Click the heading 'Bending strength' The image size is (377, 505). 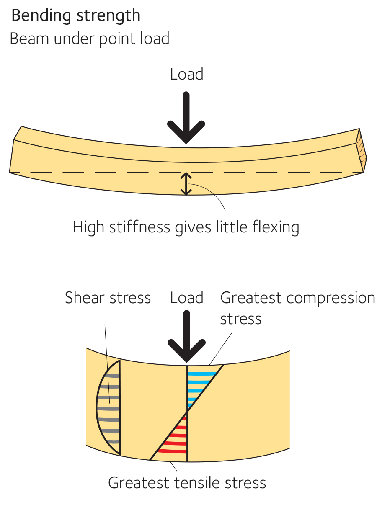(x=75, y=16)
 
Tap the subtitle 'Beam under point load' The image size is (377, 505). (x=89, y=39)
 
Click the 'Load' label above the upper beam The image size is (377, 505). (x=186, y=74)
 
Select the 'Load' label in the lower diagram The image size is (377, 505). (x=186, y=298)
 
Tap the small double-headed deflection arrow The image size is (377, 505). (x=186, y=183)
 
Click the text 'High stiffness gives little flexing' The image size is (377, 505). (x=186, y=227)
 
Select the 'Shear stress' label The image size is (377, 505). (x=108, y=298)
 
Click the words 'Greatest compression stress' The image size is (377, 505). (x=297, y=307)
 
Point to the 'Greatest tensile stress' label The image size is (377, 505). (x=187, y=482)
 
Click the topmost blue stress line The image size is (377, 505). (x=204, y=373)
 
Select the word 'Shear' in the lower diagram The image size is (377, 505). (x=85, y=298)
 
